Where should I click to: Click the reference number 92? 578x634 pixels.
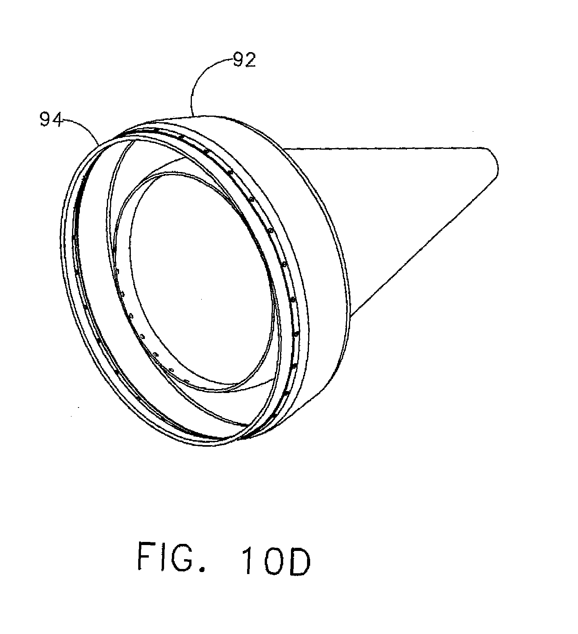click(244, 61)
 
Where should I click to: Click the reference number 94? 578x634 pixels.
click(51, 120)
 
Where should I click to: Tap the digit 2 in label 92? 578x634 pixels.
click(250, 61)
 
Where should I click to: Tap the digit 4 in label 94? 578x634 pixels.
click(57, 120)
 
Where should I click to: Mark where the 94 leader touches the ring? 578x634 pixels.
click(99, 144)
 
